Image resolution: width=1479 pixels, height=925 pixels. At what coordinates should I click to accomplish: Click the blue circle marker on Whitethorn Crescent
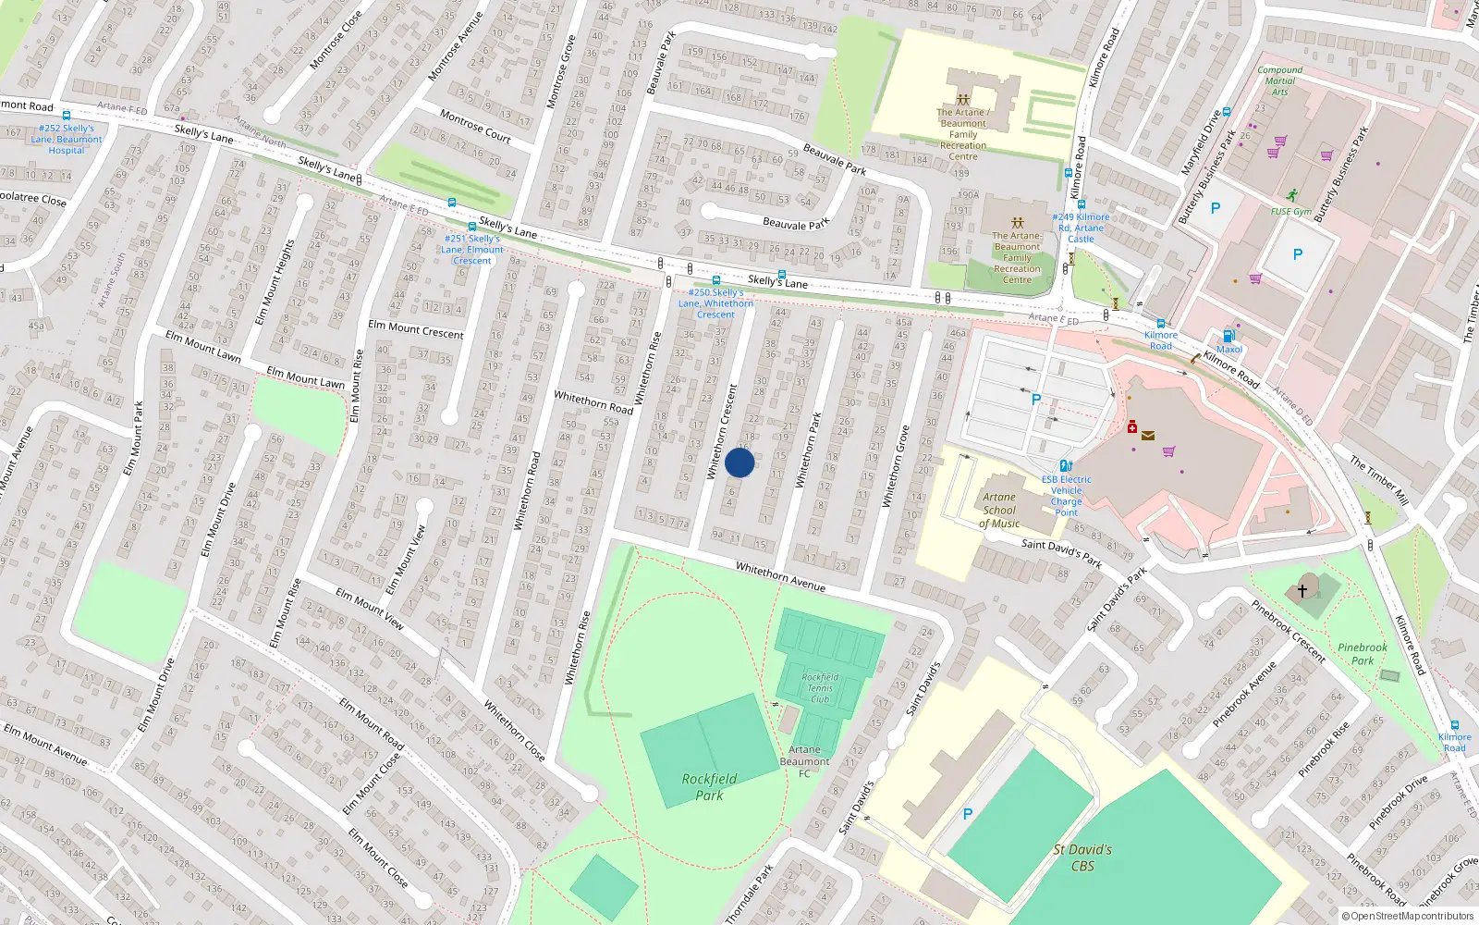(x=739, y=462)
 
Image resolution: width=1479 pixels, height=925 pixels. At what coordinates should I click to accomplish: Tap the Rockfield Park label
(x=709, y=786)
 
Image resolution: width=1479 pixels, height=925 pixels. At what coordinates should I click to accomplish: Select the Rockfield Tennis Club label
(x=820, y=688)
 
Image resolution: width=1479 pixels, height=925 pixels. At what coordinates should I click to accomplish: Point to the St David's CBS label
(x=1082, y=857)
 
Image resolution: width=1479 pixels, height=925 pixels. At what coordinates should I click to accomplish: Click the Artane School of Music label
(x=999, y=510)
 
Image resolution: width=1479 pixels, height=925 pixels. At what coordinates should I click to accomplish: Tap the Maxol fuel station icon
(x=1228, y=337)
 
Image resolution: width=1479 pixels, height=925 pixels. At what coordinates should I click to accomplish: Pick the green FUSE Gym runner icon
(x=1292, y=195)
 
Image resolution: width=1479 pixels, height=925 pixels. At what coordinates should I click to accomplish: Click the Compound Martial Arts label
(x=1279, y=80)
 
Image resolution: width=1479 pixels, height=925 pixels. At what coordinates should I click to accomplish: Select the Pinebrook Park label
(x=1363, y=654)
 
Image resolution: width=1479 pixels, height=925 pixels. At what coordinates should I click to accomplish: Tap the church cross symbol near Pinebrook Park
(x=1302, y=589)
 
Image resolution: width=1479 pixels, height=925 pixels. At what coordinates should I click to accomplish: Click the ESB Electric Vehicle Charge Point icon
(x=1066, y=466)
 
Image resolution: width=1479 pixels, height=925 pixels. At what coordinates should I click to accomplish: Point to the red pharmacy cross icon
(x=1132, y=426)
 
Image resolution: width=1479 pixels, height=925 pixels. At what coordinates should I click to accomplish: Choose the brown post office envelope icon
(x=1148, y=435)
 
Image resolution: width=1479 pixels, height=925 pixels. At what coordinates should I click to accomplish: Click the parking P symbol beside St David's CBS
(x=968, y=814)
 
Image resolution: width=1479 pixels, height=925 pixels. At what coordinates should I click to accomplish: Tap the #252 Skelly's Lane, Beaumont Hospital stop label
(x=66, y=140)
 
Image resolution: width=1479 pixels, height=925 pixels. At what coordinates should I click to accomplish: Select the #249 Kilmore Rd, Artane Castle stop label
(x=1081, y=228)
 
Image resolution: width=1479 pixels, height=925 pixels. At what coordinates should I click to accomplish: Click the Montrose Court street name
(x=475, y=126)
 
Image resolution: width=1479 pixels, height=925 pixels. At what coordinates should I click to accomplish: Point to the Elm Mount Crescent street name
(x=416, y=328)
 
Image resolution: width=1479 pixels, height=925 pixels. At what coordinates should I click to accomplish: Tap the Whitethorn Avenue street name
(x=780, y=577)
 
